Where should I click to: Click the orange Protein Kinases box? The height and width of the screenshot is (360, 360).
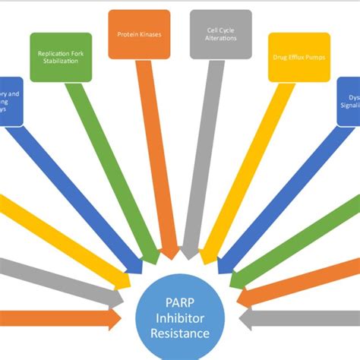click(139, 34)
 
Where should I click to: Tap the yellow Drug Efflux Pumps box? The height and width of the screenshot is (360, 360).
click(300, 56)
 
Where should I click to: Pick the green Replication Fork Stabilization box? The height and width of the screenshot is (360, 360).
click(61, 57)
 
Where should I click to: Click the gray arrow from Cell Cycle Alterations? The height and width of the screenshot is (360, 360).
click(199, 152)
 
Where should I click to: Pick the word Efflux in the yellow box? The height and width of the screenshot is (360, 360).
click(298, 57)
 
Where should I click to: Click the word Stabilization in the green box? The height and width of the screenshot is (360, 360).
click(61, 62)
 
